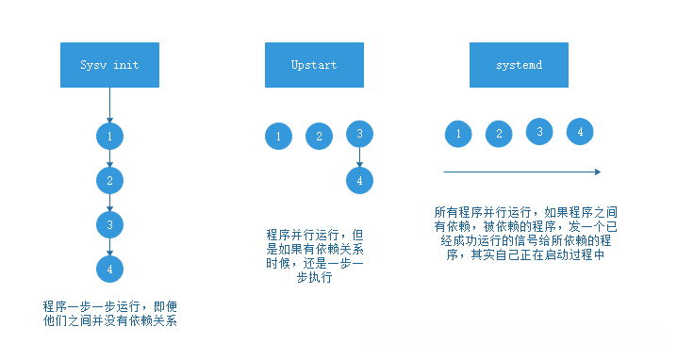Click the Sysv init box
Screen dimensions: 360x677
pos(110,66)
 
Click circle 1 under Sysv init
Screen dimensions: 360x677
pos(110,137)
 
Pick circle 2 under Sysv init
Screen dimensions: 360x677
pos(110,180)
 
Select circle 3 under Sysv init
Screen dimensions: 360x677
pos(110,224)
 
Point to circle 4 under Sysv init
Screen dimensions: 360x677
pos(110,269)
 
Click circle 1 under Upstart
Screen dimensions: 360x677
pos(278,137)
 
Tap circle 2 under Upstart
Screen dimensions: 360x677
pos(320,137)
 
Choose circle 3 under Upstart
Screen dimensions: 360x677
pos(359,134)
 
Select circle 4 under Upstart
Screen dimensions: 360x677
pos(359,179)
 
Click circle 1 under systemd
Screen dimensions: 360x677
pos(458,135)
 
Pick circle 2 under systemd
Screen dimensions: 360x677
pos(499,135)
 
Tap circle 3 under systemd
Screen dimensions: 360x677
pos(540,132)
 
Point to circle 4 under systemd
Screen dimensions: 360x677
pos(580,132)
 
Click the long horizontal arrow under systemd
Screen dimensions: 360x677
pos(521,172)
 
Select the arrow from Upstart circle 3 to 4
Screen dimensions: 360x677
pos(359,156)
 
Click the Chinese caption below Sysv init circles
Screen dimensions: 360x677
pos(110,314)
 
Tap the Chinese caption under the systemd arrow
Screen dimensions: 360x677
pos(524,234)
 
